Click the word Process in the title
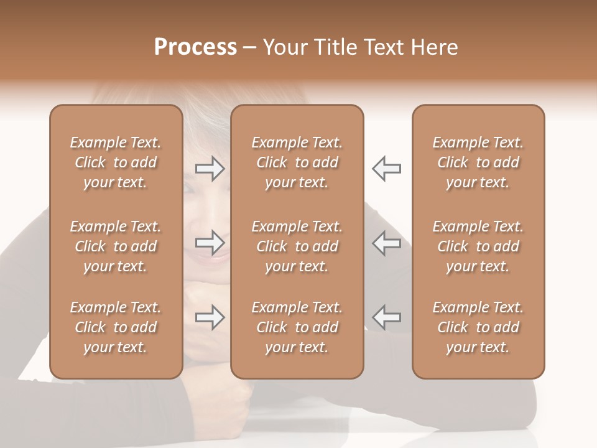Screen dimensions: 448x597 coord(195,47)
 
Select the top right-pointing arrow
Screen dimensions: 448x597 coord(210,169)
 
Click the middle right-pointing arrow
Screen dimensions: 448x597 coord(210,243)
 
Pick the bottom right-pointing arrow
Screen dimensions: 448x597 coord(210,317)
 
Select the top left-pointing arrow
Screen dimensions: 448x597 coord(386,169)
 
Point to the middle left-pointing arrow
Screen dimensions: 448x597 coord(386,243)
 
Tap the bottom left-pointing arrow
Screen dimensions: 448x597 coord(386,317)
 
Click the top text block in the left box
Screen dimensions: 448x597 coord(116,162)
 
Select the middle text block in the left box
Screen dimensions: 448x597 coord(116,246)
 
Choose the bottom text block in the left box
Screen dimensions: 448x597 coord(116,327)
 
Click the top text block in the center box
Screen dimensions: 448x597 coord(297,162)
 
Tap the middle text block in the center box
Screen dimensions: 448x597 coord(297,246)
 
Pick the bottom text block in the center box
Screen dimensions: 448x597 coord(297,327)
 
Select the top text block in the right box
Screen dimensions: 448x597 coord(478,162)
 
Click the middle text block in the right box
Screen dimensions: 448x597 coord(478,246)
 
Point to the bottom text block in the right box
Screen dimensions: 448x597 coord(478,327)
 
